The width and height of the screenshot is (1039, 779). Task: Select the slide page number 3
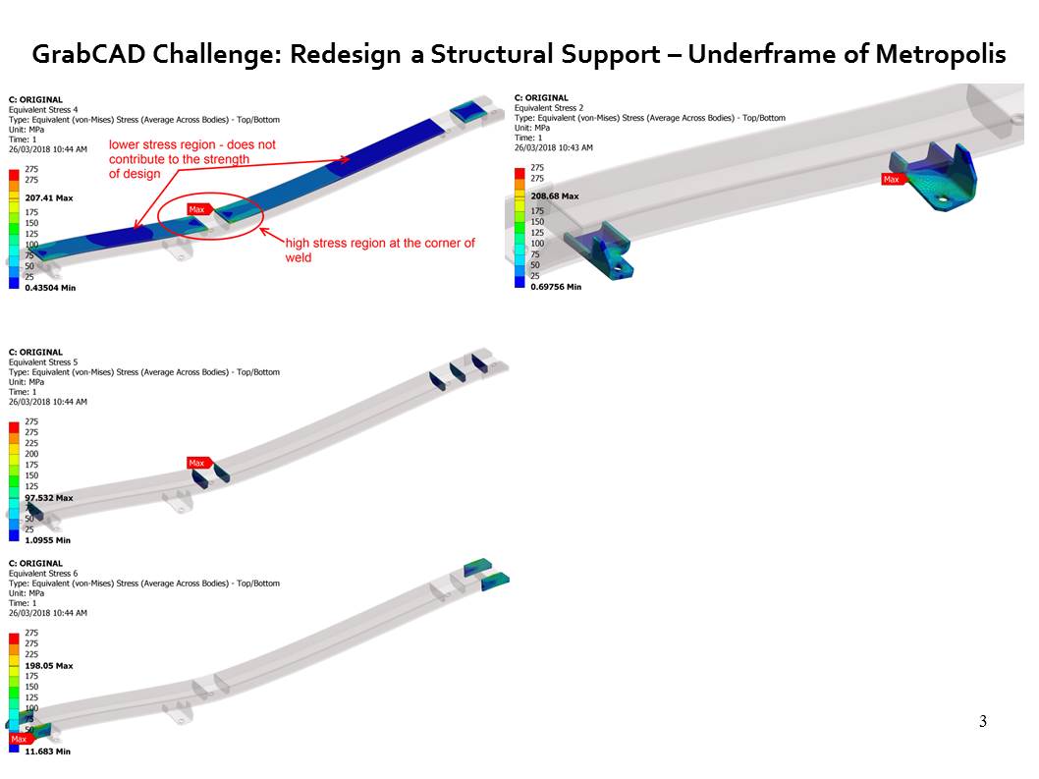click(983, 722)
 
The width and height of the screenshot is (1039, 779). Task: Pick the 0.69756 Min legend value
click(556, 286)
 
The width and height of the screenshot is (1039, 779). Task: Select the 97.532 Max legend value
click(49, 498)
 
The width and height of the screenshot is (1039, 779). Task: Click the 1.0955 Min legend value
click(47, 540)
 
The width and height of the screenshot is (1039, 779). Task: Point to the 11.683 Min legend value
click(47, 751)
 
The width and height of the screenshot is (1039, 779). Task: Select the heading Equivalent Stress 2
click(553, 107)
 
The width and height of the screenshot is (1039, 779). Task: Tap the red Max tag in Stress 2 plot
click(892, 180)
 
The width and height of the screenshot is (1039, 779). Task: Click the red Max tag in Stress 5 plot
click(197, 463)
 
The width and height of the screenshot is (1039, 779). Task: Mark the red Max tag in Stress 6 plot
click(20, 739)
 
